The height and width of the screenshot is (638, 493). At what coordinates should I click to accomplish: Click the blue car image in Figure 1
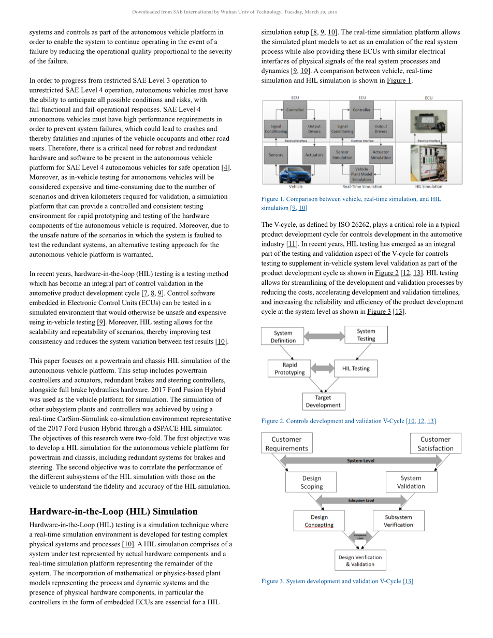pyautogui.click(x=295, y=175)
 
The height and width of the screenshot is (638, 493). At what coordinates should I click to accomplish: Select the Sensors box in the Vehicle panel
pyautogui.click(x=276, y=155)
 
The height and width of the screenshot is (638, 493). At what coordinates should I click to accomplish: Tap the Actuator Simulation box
pyautogui.click(x=381, y=155)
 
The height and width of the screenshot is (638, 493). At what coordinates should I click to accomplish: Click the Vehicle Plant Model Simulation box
pyautogui.click(x=361, y=174)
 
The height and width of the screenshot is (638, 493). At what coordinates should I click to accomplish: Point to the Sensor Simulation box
pyautogui.click(x=342, y=155)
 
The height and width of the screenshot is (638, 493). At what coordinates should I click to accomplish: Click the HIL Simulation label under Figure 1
pyautogui.click(x=429, y=186)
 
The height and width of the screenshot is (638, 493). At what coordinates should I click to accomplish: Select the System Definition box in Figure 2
pyautogui.click(x=283, y=337)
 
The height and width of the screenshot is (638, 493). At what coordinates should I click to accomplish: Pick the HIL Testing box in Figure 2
pyautogui.click(x=356, y=369)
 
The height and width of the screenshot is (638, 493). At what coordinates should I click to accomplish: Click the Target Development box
pyautogui.click(x=323, y=401)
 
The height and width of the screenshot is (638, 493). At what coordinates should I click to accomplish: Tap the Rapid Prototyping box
pyautogui.click(x=289, y=369)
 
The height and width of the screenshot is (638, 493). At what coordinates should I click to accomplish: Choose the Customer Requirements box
pyautogui.click(x=286, y=444)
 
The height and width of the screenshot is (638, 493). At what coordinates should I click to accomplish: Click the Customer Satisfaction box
pyautogui.click(x=436, y=444)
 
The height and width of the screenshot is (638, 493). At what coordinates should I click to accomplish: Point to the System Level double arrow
pyautogui.click(x=361, y=460)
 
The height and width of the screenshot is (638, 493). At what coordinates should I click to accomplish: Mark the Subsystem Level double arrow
pyautogui.click(x=361, y=500)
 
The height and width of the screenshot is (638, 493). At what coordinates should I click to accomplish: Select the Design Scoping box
pyautogui.click(x=311, y=482)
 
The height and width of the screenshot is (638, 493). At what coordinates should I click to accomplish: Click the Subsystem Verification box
pyautogui.click(x=398, y=521)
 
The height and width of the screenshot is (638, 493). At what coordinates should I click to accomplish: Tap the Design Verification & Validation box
pyautogui.click(x=360, y=561)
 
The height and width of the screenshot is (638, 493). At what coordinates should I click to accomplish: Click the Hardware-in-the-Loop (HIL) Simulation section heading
pyautogui.click(x=113, y=512)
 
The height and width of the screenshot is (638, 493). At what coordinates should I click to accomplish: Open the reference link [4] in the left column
pyautogui.click(x=225, y=167)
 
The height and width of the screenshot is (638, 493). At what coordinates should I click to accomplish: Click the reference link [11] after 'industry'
pyautogui.click(x=292, y=244)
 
